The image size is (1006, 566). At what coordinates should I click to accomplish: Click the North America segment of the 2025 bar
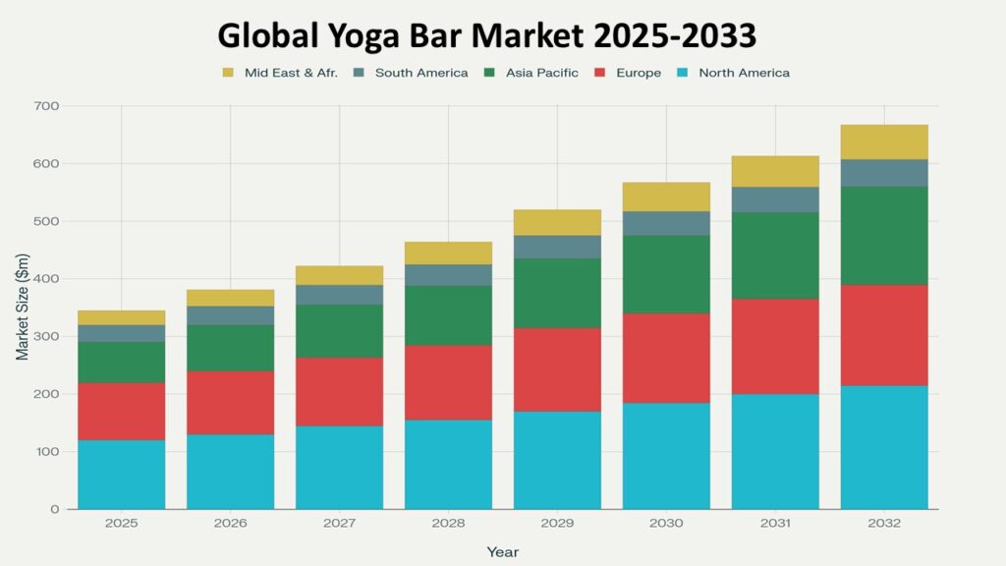pos(122,475)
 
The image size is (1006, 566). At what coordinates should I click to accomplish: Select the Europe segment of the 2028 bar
pos(448,382)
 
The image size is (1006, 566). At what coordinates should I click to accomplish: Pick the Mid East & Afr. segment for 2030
pos(666,197)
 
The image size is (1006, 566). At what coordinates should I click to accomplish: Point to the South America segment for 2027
pos(340,295)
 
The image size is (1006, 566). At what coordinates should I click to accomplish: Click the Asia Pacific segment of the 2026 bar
pos(231,348)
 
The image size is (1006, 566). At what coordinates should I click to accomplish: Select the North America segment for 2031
pos(775,451)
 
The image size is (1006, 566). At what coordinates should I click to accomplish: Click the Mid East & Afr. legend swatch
pos(228,73)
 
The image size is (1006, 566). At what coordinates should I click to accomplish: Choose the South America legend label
pos(421,73)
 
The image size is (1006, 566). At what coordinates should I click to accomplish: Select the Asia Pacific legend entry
pos(541,73)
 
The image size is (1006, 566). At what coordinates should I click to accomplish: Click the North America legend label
pos(744,73)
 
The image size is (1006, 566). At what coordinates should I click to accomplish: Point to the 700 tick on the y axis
pos(46,106)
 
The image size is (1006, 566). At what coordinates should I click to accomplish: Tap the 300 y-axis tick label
pos(46,336)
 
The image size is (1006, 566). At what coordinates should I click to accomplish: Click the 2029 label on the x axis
pos(557,524)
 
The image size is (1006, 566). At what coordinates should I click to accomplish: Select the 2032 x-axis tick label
pos(884,524)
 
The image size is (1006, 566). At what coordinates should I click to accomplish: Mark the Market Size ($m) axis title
pos(22,308)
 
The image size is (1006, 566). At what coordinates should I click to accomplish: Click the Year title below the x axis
pos(502,552)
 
